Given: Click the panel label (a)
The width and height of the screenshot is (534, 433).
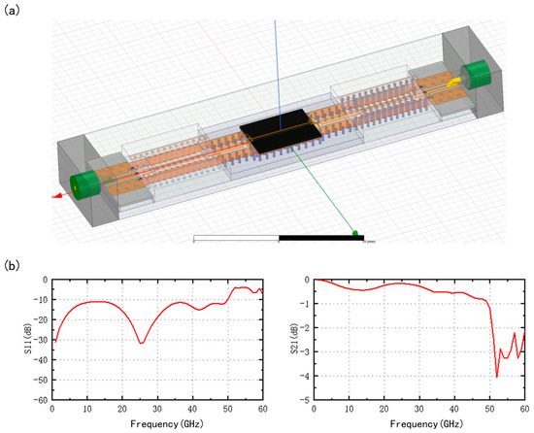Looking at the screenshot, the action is coord(12,11).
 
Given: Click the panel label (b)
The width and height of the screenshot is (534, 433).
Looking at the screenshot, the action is coord(12,265).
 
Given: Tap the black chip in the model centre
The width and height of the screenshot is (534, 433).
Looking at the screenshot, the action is coord(281,131).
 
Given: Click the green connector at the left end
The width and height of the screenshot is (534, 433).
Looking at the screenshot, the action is coord(84,185).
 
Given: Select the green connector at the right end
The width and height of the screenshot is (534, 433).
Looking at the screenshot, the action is coord(476,74).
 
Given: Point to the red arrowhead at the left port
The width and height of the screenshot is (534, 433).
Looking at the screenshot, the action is coord(57,196).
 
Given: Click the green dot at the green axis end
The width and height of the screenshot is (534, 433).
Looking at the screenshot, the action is coord(355,233).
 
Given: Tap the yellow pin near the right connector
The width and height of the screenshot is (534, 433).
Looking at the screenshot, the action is coord(454,83).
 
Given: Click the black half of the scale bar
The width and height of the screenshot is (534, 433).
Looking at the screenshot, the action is coord(321,238).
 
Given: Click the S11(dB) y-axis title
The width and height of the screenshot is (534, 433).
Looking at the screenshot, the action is coord(28,339).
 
